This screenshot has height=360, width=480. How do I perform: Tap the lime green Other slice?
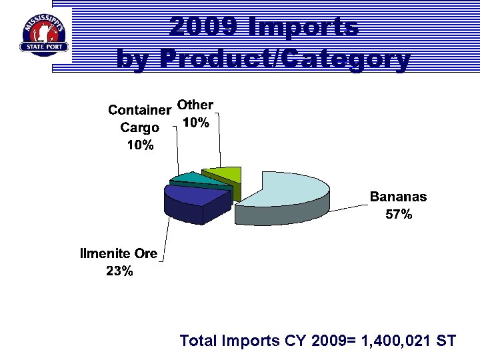(223, 175)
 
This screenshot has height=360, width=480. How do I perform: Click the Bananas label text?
(399, 197)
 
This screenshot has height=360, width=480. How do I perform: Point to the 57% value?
(399, 215)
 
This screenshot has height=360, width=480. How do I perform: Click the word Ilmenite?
(105, 253)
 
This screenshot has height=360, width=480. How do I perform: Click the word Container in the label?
(140, 109)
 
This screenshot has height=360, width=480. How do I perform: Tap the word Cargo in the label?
(140, 127)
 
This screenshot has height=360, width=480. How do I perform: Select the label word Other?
(195, 105)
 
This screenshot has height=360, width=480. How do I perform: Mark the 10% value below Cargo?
(140, 145)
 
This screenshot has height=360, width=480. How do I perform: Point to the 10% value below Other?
(196, 123)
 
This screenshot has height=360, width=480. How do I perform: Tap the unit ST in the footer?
(445, 341)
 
